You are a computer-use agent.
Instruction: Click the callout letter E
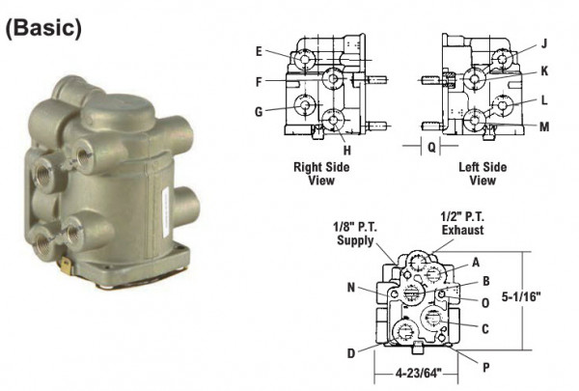point(260,50)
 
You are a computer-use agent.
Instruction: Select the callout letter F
point(260,82)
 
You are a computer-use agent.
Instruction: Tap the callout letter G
point(260,112)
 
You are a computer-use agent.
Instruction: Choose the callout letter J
point(543,42)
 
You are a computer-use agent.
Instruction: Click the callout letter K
point(544,70)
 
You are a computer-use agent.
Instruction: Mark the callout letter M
point(544,126)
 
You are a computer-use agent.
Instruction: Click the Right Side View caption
point(321,173)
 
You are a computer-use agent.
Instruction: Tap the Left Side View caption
point(482,173)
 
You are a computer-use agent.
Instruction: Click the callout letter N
point(353,287)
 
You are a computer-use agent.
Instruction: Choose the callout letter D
point(353,352)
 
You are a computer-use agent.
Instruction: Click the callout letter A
point(475,262)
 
